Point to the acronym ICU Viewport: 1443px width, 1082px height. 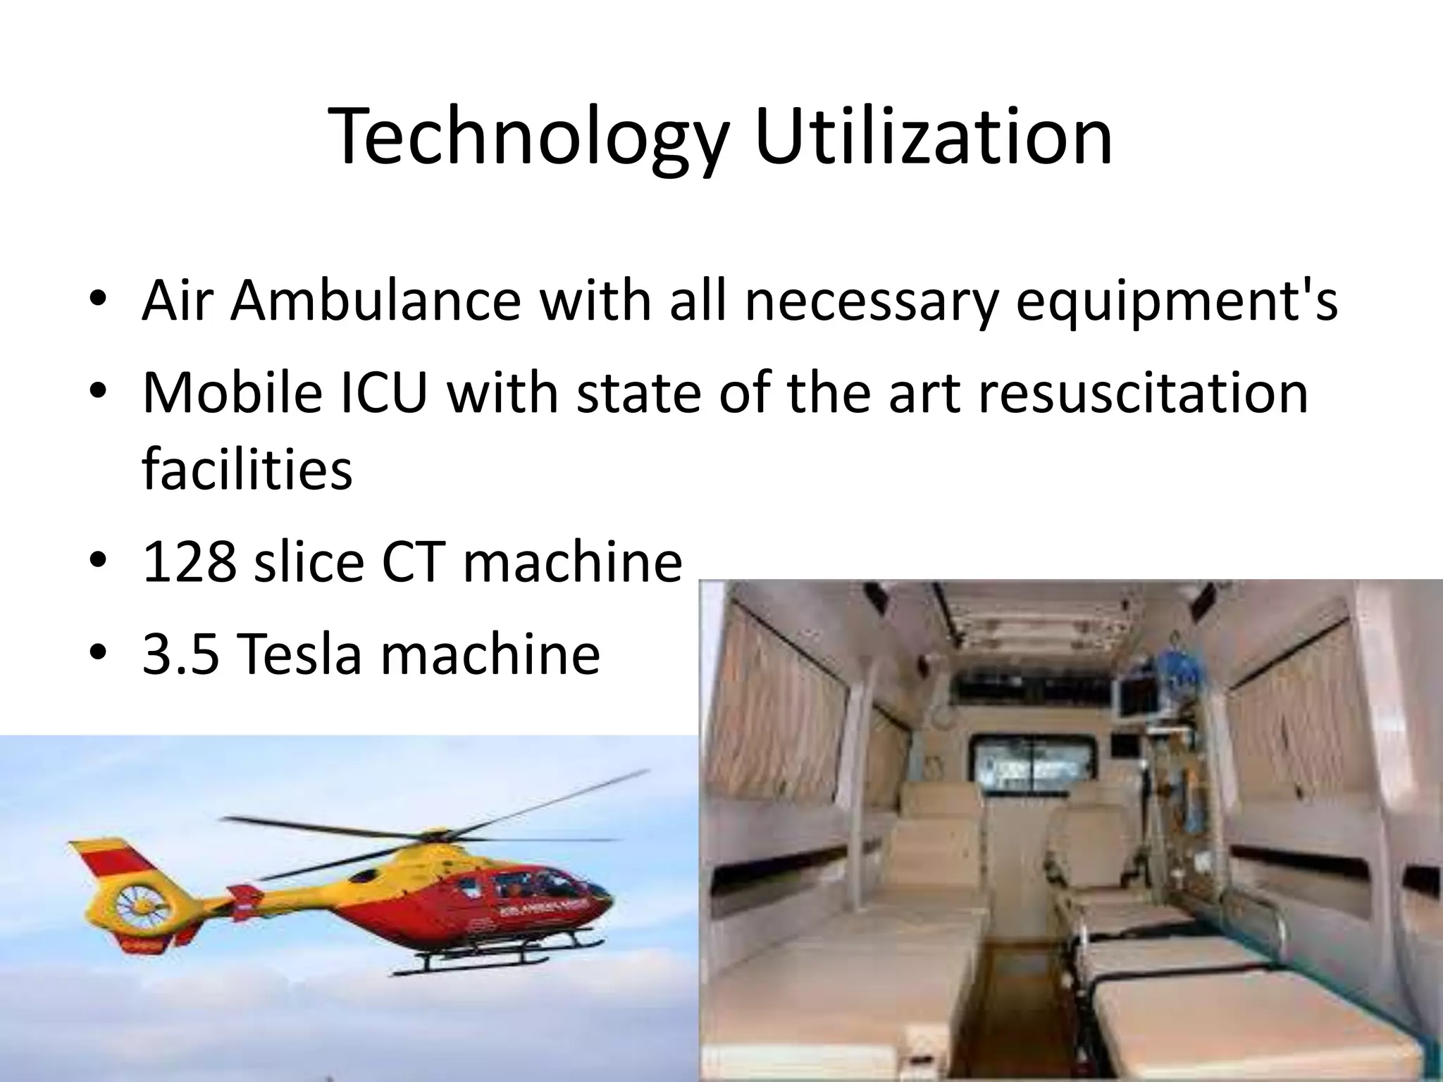pyautogui.click(x=384, y=392)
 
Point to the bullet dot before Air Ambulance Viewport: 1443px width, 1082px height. pyautogui.click(x=99, y=301)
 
